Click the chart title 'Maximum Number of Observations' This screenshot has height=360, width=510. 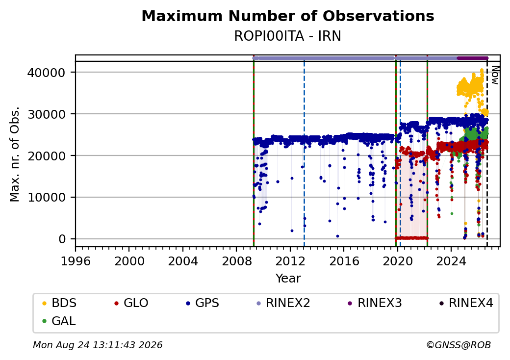point(288,16)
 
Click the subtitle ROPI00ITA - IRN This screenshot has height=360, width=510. point(287,36)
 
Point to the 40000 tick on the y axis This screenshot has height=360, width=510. point(46,73)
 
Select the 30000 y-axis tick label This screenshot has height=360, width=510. point(46,114)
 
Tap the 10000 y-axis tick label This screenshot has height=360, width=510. point(46,197)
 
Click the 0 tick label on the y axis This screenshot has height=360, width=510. point(62,239)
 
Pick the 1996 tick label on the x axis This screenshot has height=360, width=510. point(76,261)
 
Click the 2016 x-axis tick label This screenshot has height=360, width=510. point(344,261)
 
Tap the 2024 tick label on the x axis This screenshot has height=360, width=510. point(451,261)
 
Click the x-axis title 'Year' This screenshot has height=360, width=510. point(288,279)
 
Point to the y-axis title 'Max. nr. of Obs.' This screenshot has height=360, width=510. point(15,154)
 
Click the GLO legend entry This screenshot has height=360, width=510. point(131,303)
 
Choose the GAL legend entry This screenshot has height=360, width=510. point(59,321)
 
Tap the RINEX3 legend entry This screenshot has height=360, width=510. point(375,303)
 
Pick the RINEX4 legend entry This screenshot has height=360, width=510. point(466,303)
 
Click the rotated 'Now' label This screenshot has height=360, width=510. point(495,75)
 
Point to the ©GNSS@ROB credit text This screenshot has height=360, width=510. point(459,345)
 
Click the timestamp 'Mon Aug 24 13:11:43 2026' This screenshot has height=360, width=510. point(98,345)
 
